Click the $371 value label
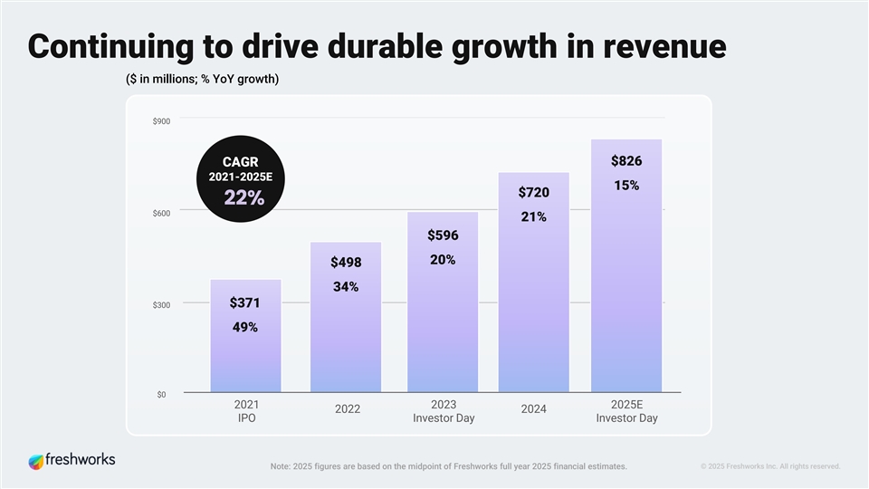pos(244,302)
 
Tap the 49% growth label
pos(244,327)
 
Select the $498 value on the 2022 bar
pos(345,263)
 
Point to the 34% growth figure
pos(345,287)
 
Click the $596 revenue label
pos(443,235)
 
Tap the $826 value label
pos(626,161)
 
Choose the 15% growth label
pos(626,186)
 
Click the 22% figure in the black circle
pos(244,198)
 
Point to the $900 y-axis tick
pos(162,121)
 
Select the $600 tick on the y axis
pos(162,213)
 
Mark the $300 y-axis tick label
pos(162,305)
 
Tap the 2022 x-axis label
pos(348,409)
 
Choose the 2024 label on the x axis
pos(533,409)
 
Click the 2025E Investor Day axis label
pos(626,411)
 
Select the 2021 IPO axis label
pos(246,411)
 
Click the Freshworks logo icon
pos(36,461)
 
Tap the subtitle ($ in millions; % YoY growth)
pos(202,79)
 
